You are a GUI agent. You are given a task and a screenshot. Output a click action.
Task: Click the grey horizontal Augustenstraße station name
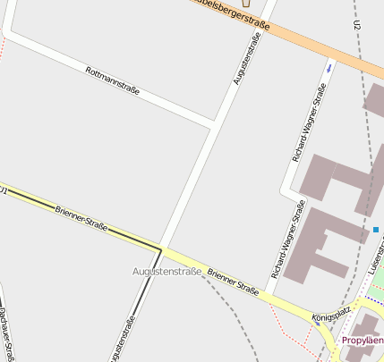pos(166,271)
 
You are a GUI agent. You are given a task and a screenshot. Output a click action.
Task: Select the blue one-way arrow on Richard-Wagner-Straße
pos(329,68)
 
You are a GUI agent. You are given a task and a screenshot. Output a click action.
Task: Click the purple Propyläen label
pos(363,341)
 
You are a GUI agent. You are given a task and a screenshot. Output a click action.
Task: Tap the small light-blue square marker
pos(376,230)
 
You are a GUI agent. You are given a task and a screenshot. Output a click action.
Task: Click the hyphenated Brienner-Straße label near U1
pos(81,219)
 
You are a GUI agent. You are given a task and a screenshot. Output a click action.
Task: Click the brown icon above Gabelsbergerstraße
pos(248,3)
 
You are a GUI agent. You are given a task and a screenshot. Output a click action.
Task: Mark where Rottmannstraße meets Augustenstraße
pos(214,122)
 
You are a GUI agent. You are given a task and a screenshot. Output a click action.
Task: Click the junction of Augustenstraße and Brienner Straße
pos(161,248)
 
